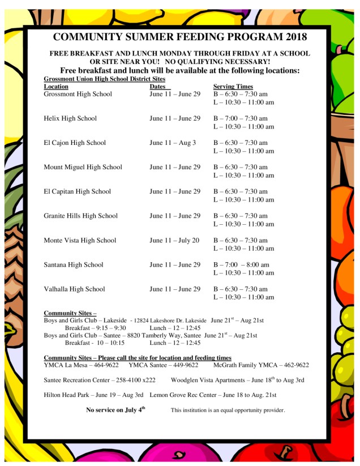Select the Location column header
56,87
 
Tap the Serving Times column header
233,87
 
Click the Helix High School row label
70,118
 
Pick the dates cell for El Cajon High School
173,143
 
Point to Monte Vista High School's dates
174,240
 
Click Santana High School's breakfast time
241,264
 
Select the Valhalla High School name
74,289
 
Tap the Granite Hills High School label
81,216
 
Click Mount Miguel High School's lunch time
243,176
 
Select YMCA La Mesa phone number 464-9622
102,365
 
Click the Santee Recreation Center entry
99,380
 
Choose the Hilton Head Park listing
93,395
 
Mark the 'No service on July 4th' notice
115,409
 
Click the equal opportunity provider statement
228,410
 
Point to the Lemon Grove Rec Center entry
213,395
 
